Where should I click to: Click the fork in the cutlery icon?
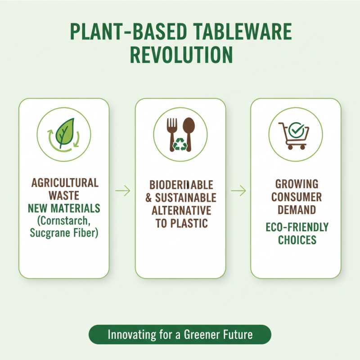click(173, 130)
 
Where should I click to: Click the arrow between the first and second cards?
click(122, 191)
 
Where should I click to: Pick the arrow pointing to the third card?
click(238, 191)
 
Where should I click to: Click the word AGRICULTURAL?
click(65, 183)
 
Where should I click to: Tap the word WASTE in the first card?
click(65, 196)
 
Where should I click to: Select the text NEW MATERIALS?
click(64, 208)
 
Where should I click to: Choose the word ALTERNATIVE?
click(181, 211)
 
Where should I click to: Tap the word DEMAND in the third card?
click(296, 209)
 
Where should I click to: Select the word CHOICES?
click(297, 239)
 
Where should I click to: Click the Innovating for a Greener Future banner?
click(180, 335)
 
